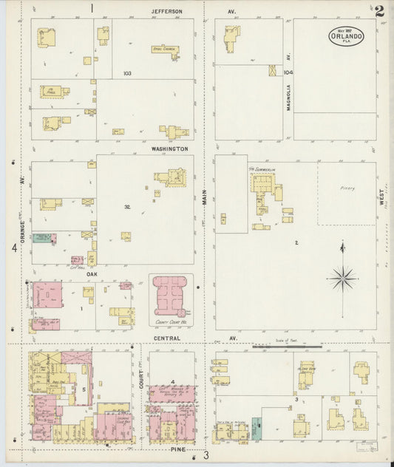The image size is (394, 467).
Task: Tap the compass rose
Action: [x=342, y=279]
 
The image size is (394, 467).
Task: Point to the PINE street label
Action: [x=177, y=449]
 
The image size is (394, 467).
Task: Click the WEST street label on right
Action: [x=382, y=205]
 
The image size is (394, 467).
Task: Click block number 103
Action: [x=127, y=73]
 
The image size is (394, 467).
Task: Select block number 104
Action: [x=288, y=72]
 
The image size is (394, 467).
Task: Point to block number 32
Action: [x=127, y=207]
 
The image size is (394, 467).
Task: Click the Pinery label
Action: [x=348, y=188]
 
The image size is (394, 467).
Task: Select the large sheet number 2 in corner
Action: [x=379, y=10]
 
